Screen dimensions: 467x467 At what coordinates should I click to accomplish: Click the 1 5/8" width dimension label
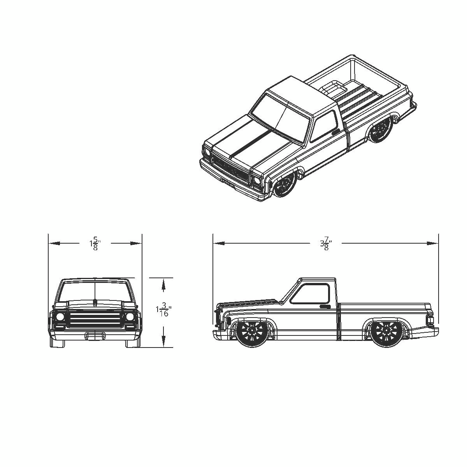click(95, 244)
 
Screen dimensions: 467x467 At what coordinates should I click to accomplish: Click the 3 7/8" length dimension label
click(325, 244)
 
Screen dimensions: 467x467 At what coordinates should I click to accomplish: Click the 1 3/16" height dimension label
click(163, 310)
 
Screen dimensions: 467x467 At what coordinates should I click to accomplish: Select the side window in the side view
click(311, 294)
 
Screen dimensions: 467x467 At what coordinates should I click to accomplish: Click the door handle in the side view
click(325, 307)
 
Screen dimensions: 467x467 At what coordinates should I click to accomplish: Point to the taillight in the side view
click(430, 320)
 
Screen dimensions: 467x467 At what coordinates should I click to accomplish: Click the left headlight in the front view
click(60, 316)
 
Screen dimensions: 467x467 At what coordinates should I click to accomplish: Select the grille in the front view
click(95, 319)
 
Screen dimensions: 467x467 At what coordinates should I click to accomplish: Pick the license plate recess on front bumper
click(95, 335)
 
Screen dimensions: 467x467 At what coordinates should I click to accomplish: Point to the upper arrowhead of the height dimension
click(163, 285)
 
